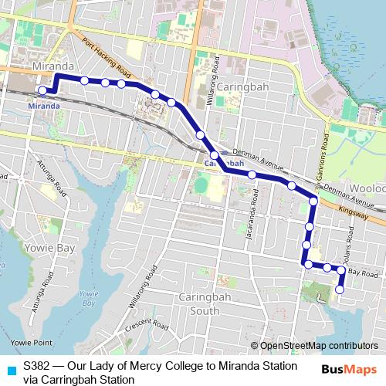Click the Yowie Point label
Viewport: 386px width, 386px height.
click(31, 342)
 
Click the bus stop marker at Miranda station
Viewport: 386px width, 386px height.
click(43, 90)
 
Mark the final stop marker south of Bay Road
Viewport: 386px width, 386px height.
click(340, 289)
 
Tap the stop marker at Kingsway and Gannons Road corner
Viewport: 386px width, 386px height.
click(313, 201)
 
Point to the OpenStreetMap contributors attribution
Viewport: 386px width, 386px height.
click(317, 346)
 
